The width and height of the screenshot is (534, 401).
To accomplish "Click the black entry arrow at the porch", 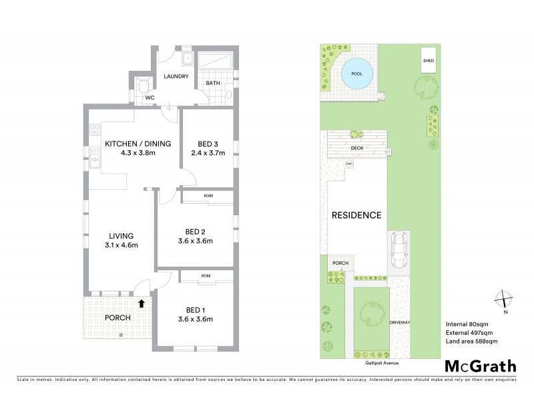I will tap(141, 303).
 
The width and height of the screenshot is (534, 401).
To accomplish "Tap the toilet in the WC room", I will tap(142, 86).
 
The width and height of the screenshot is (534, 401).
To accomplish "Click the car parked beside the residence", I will tap(399, 251).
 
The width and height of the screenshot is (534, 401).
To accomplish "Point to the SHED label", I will tap(429, 61).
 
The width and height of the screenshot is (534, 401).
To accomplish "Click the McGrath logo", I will tap(481, 366).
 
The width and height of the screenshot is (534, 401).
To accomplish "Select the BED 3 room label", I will tap(208, 144).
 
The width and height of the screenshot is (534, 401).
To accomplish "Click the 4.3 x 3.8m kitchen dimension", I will tap(138, 153).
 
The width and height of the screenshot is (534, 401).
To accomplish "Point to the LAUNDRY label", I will tap(176, 77).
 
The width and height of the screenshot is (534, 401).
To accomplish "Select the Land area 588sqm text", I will tap(471, 342).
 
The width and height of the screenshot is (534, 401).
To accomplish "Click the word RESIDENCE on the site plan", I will tap(356, 215).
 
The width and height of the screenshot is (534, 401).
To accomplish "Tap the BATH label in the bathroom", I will tap(213, 84).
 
